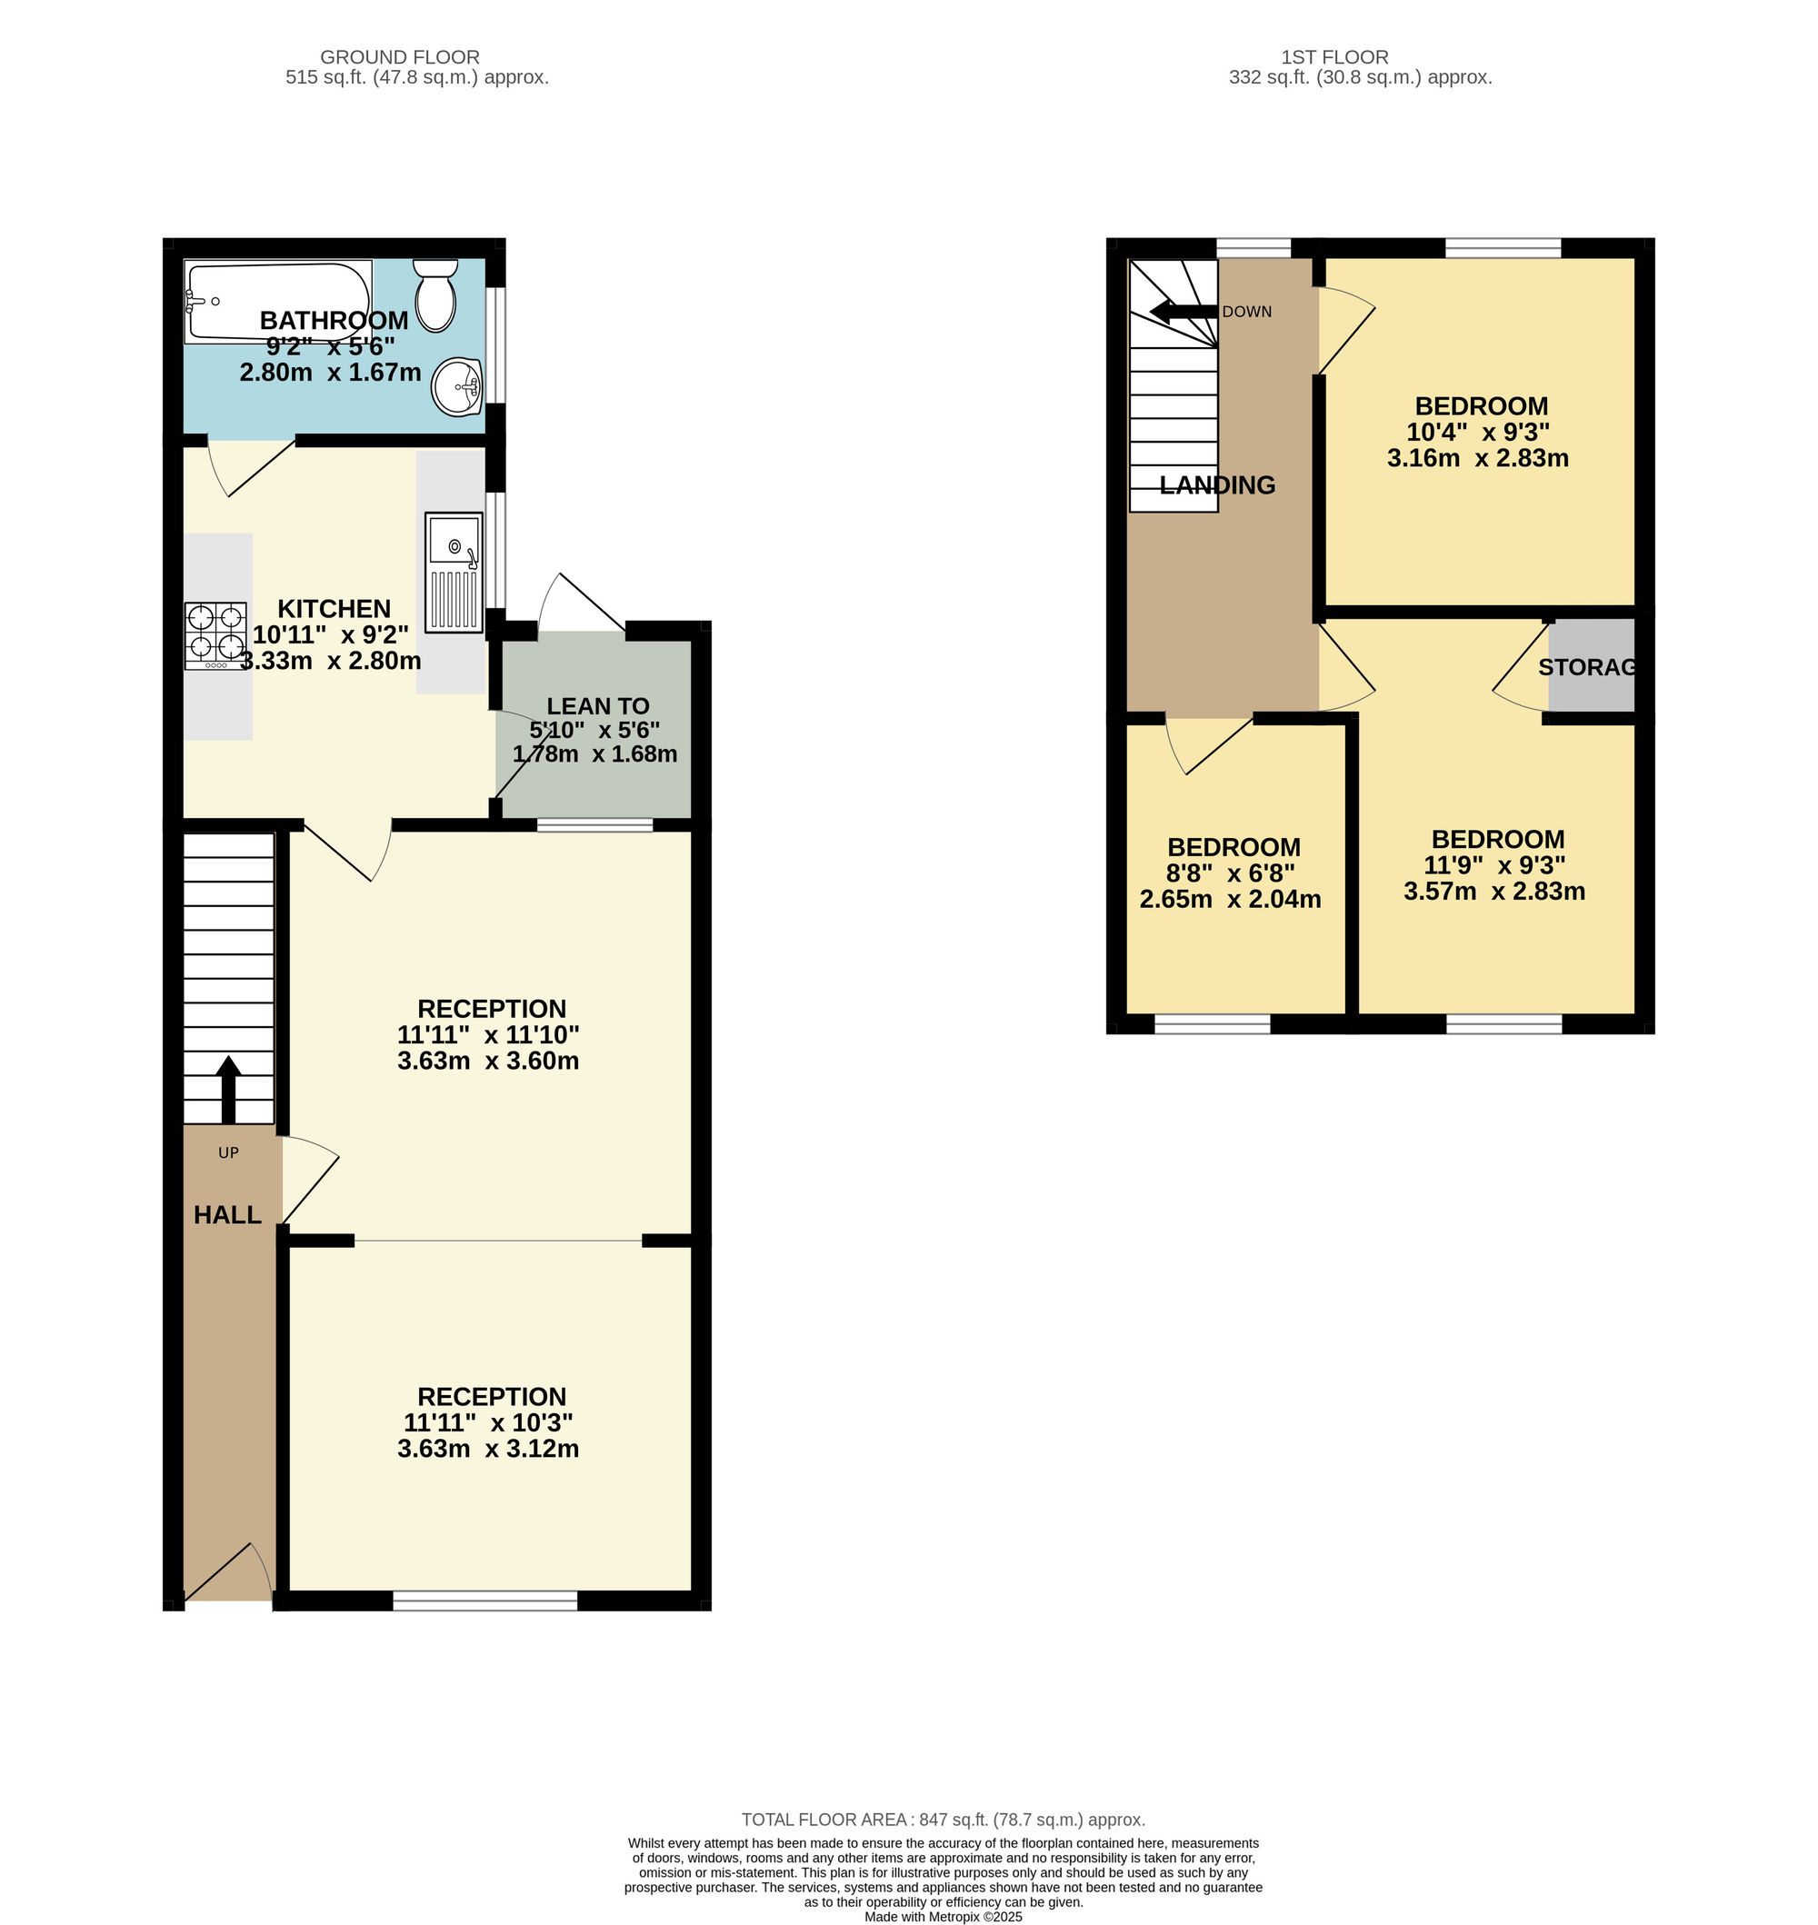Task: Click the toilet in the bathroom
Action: point(436,294)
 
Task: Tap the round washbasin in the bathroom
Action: point(457,386)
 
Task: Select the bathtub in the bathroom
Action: point(278,303)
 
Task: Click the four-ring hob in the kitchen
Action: point(216,635)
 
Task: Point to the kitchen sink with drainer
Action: point(453,574)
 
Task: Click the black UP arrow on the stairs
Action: point(229,1090)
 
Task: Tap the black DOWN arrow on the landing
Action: point(1184,312)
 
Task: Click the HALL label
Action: point(228,1215)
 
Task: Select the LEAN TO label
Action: point(598,706)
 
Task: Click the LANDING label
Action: point(1217,485)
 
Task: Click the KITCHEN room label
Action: point(335,608)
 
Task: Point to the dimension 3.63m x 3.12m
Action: point(488,1449)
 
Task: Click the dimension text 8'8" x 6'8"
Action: point(1231,873)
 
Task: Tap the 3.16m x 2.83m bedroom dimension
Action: point(1478,458)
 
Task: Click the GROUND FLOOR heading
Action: point(400,57)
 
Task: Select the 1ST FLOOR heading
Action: point(1334,57)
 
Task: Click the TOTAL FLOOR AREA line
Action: point(943,1820)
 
